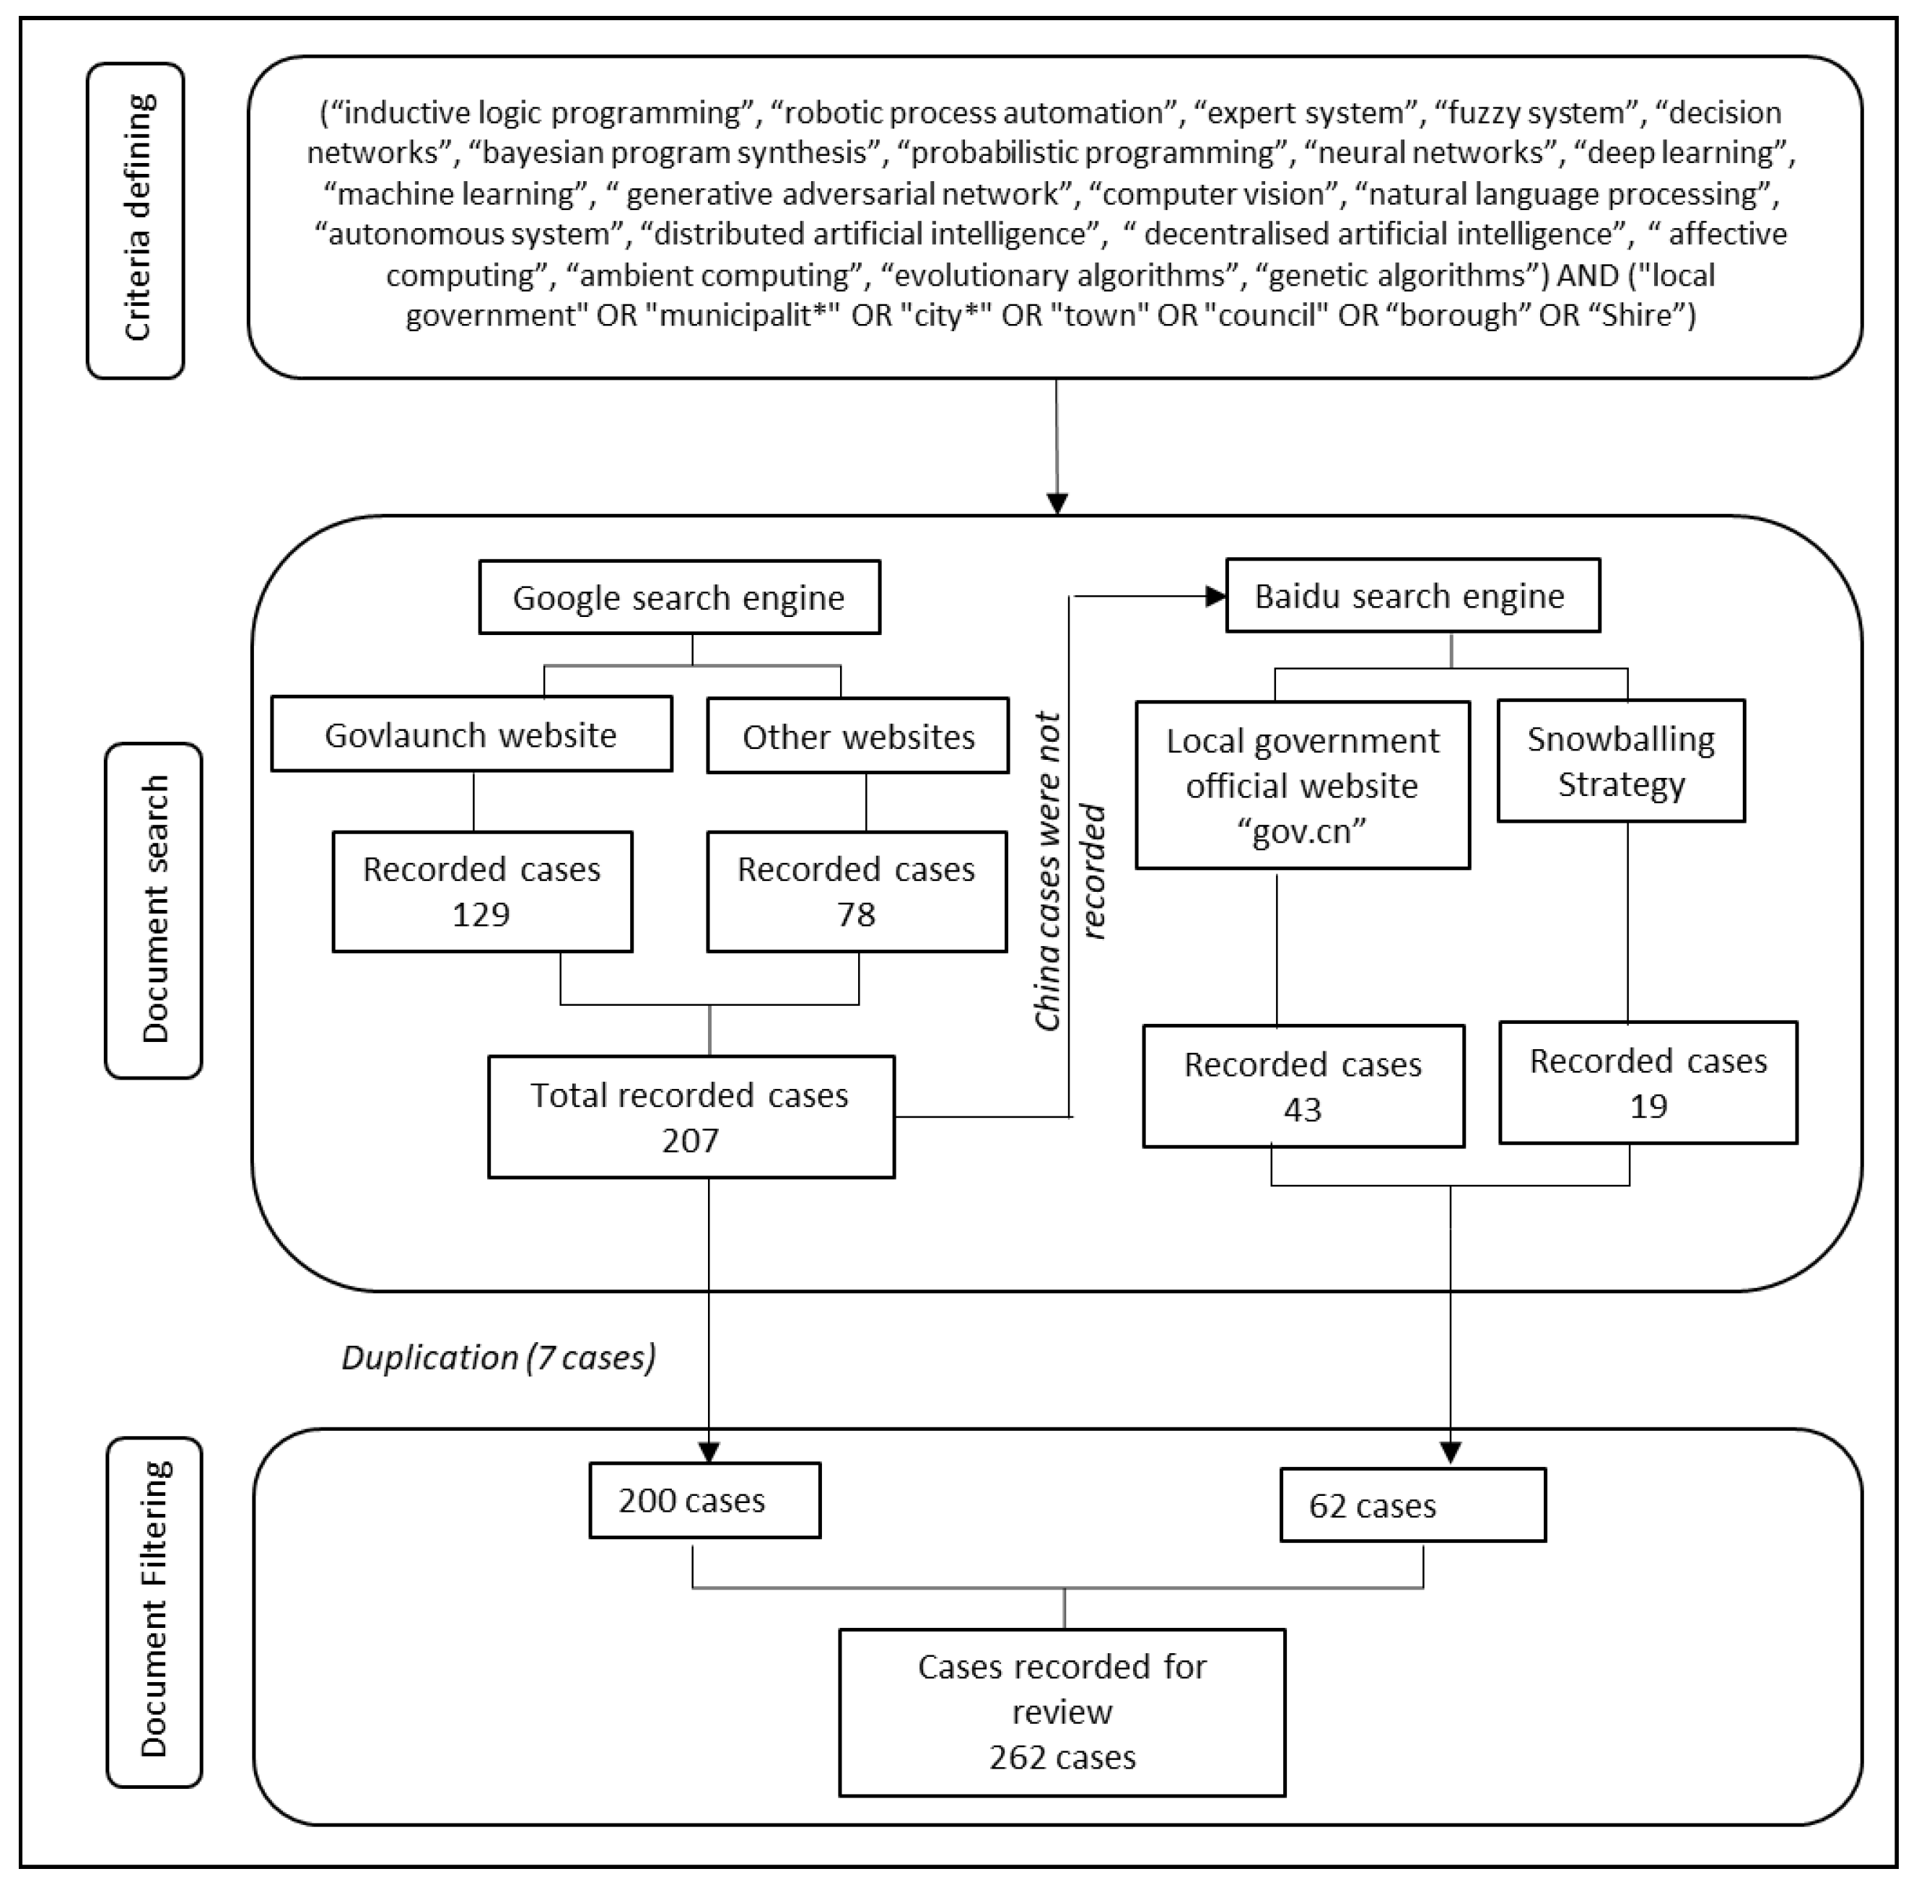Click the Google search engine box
(679, 597)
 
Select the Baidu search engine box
(1412, 595)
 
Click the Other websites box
(857, 736)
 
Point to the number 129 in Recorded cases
(481, 913)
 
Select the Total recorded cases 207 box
(691, 1117)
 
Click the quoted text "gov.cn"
(1301, 831)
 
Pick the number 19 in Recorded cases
(1648, 1106)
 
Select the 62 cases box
(1412, 1505)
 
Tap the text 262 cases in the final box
(1062, 1757)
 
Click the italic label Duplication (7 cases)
(499, 1357)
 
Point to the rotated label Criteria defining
(137, 218)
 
